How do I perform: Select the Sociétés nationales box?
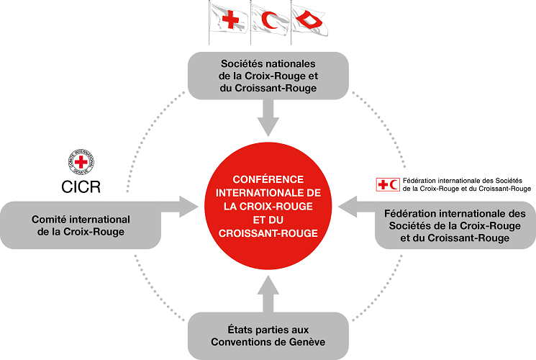[x=268, y=75]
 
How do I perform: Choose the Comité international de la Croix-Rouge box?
[x=81, y=225]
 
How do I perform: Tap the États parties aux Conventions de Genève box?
[x=268, y=335]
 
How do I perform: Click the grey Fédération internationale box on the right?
[x=455, y=225]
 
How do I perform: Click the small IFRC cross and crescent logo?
[x=389, y=184]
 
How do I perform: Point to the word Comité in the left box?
[x=48, y=219]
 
